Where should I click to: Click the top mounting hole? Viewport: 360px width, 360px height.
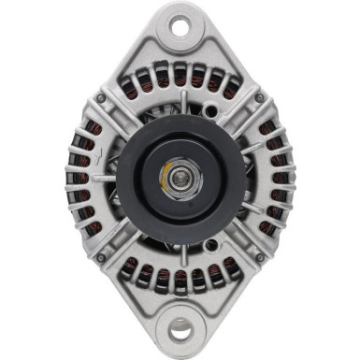coord(180,26)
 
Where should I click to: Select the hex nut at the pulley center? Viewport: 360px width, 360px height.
coord(180,176)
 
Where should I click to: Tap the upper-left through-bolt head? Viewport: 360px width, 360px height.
coord(100,97)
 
